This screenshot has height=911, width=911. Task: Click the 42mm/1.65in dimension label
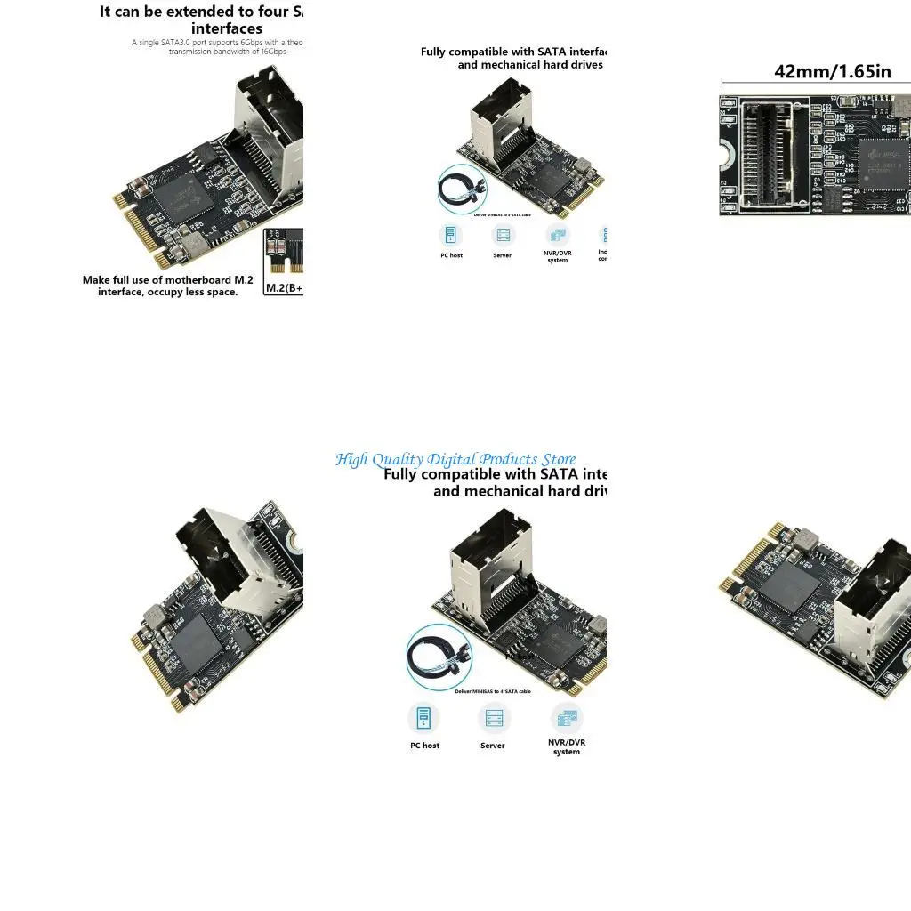832,71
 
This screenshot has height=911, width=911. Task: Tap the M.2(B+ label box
284,287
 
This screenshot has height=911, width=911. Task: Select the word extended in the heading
188,12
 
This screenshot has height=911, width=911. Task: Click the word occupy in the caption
163,292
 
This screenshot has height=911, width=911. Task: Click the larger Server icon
493,717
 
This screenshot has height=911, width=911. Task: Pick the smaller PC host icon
451,236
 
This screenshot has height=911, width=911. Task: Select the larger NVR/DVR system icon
566,717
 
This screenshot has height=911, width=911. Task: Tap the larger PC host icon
424,717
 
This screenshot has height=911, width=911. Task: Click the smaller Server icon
503,236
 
